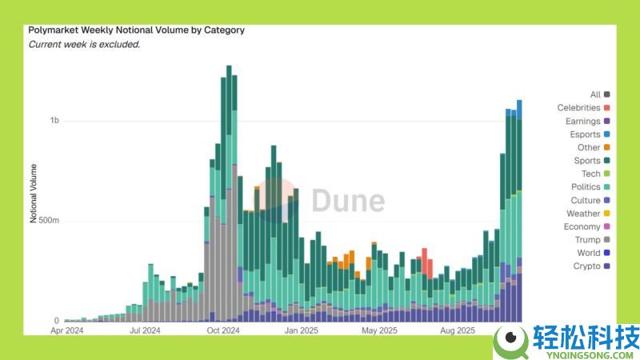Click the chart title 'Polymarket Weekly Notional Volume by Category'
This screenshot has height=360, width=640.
pos(136,30)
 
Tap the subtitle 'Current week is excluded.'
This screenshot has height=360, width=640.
pos(84,44)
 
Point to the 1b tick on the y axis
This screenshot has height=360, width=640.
pos(54,121)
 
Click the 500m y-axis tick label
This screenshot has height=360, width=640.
pos(49,221)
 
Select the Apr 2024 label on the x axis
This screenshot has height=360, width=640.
pos(67,330)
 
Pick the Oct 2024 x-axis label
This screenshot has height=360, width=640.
pos(224,330)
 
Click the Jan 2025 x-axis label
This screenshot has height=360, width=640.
pos(302,330)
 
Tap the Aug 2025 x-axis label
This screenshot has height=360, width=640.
pos(458,330)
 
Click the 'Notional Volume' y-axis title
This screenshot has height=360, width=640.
pos(34,193)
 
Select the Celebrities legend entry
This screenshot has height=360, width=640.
pos(578,108)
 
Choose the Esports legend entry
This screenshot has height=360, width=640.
pos(582,134)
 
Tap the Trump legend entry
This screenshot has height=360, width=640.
pos(587,240)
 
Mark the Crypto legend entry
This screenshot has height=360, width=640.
pos(586,266)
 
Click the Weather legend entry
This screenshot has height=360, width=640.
pos(583,214)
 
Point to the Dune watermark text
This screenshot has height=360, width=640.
pos(347,201)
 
